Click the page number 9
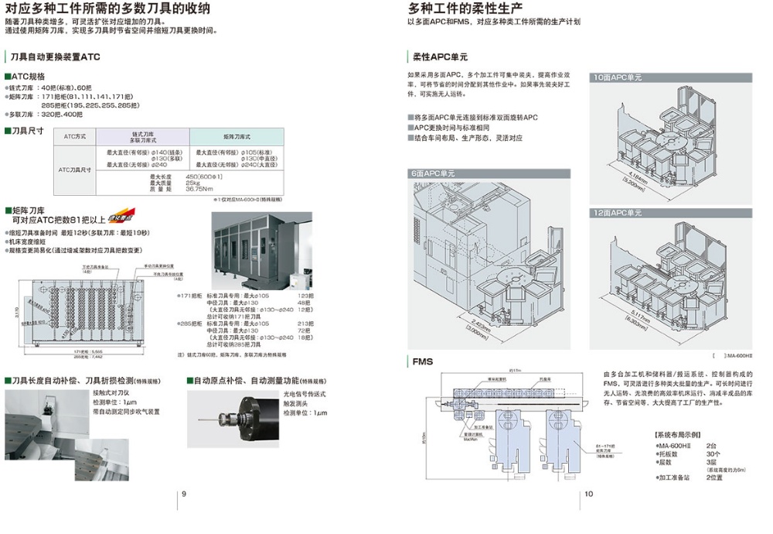tap(183, 494)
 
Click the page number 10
tap(588, 494)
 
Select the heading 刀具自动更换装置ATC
tap(54, 57)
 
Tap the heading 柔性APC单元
tap(440, 57)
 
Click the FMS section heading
tap(423, 361)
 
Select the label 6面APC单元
tap(434, 173)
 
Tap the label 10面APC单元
tap(618, 77)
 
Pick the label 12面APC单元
tap(618, 213)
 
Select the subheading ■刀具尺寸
tap(24, 130)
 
